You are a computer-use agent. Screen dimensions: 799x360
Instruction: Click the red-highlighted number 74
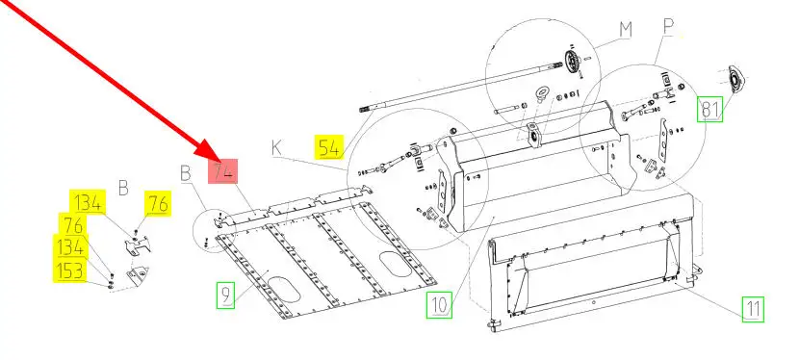pos(223,171)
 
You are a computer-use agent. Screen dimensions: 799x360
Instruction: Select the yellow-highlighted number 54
pos(329,147)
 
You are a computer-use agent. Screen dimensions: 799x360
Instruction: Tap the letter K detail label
pos(276,147)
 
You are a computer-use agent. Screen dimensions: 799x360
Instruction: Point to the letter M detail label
pos(626,30)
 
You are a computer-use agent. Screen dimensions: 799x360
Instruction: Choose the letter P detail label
pos(668,29)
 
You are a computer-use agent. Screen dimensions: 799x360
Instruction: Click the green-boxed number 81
pos(710,109)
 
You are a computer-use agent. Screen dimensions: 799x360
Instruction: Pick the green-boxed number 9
pos(225,295)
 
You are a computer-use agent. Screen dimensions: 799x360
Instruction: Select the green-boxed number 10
pos(439,305)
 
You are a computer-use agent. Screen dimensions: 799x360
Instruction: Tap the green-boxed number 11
pos(753,309)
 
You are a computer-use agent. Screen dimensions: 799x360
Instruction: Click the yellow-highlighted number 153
pos(70,270)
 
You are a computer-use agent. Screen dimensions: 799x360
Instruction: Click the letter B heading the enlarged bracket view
pos(123,188)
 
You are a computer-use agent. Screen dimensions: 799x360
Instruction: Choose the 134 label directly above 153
pos(71,247)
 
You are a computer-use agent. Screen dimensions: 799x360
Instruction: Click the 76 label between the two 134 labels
pos(72,224)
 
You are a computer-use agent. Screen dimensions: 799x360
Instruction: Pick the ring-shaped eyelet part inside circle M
pos(541,94)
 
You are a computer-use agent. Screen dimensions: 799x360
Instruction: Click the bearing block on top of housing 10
pos(532,135)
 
